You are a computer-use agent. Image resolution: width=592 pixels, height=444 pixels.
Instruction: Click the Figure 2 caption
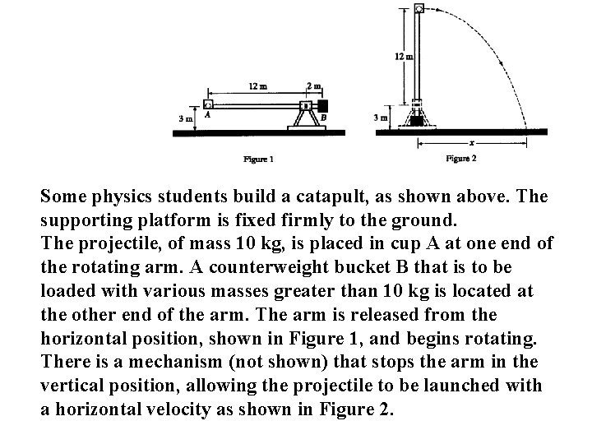tap(460, 158)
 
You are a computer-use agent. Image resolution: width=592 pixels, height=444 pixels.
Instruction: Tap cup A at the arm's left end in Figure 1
tap(208, 105)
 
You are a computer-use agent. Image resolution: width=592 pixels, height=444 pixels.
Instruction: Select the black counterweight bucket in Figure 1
tap(322, 105)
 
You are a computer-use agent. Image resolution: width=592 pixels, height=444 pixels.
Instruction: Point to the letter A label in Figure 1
tap(206, 117)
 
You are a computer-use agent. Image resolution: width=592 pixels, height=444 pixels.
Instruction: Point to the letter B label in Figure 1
tap(323, 118)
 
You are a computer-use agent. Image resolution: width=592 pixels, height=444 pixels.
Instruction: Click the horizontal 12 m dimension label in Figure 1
tap(256, 85)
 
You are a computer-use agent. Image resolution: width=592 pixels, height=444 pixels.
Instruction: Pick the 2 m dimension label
tap(313, 85)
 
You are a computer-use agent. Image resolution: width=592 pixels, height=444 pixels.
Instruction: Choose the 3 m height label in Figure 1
tap(185, 118)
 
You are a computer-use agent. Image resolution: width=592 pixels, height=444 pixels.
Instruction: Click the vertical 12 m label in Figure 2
tap(403, 57)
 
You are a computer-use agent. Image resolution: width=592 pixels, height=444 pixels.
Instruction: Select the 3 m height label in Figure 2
tap(381, 118)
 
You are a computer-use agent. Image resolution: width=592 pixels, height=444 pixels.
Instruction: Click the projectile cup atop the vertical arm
tap(419, 9)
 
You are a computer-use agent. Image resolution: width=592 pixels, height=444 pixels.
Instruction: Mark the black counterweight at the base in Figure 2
tap(418, 121)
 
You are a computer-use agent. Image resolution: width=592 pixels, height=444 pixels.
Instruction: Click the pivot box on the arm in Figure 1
tap(305, 105)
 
